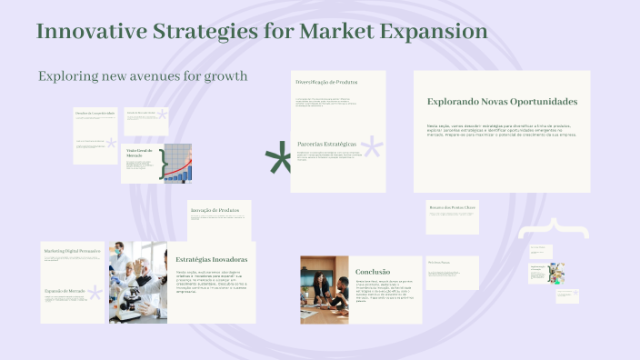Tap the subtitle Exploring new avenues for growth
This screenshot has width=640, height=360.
pyautogui.click(x=143, y=75)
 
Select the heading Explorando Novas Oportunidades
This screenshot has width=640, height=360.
pyautogui.click(x=502, y=102)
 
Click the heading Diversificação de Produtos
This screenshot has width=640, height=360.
pyautogui.click(x=326, y=83)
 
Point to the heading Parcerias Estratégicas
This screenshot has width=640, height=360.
pyautogui.click(x=326, y=145)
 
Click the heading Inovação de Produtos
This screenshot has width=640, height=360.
pyautogui.click(x=215, y=210)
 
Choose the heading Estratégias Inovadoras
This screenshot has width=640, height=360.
pyautogui.click(x=212, y=259)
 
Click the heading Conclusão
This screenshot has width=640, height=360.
pyautogui.click(x=373, y=271)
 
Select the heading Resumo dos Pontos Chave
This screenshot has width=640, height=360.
pyautogui.click(x=452, y=207)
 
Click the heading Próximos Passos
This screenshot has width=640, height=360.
pyautogui.click(x=440, y=262)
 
